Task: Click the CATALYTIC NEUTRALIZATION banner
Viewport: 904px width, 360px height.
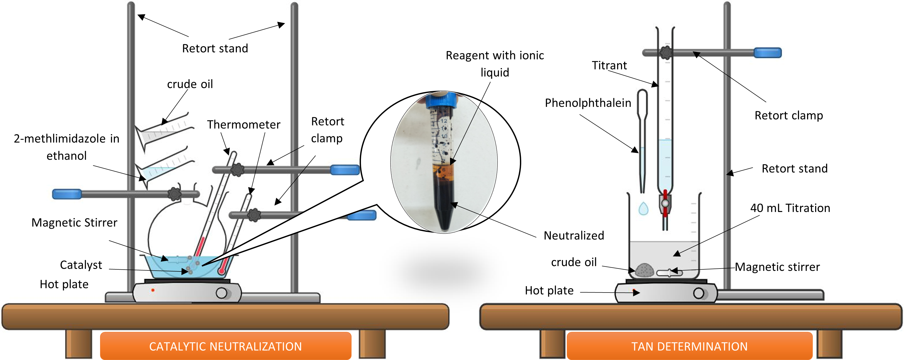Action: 225,346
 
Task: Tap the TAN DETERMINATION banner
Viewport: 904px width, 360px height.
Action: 689,346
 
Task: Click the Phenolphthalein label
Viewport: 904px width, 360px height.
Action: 588,103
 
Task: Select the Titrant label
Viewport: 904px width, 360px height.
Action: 609,65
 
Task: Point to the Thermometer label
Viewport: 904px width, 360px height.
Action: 244,125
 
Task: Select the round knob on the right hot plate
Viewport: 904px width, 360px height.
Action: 698,293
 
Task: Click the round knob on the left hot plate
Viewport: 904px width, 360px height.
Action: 222,293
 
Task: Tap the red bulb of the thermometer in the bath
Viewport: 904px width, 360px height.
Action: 221,271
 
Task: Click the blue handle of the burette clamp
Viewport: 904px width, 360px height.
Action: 767,53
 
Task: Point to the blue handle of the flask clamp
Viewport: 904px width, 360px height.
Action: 67,194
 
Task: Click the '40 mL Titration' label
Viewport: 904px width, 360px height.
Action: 790,208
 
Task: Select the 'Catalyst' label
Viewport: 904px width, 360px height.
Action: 81,265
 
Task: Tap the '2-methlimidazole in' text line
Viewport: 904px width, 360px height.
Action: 66,139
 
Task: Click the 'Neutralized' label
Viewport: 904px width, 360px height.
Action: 574,235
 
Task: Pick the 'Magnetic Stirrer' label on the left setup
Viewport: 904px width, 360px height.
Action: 74,222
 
